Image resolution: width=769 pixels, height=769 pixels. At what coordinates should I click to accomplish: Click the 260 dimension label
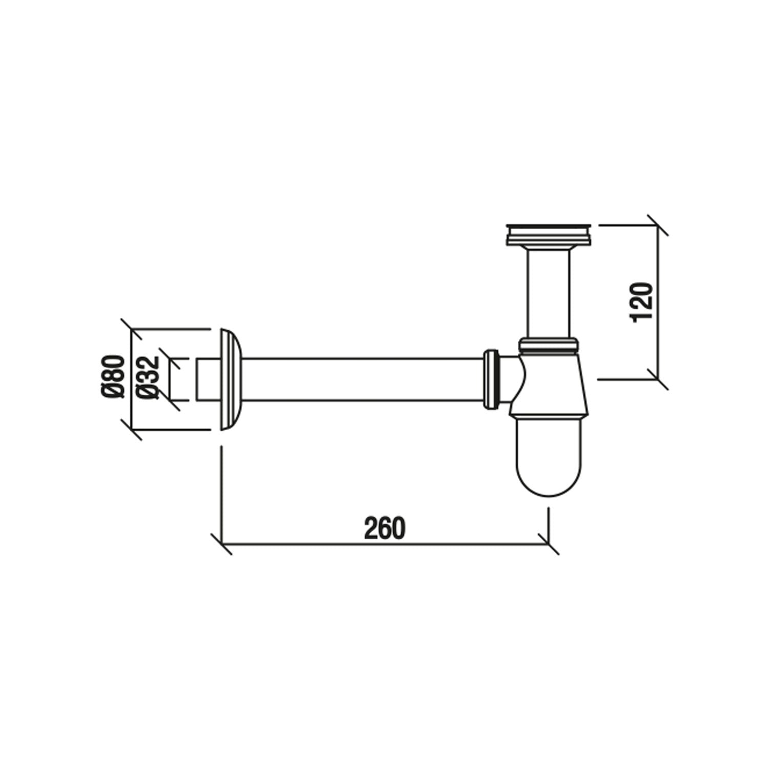click(385, 529)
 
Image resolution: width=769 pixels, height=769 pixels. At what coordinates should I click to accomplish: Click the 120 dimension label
click(642, 302)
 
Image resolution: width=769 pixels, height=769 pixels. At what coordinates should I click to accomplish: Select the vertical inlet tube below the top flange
click(548, 292)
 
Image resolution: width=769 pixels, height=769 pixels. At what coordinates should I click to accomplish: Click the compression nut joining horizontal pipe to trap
click(491, 379)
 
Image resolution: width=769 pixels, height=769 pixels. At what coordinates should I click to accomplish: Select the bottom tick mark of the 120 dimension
click(657, 379)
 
